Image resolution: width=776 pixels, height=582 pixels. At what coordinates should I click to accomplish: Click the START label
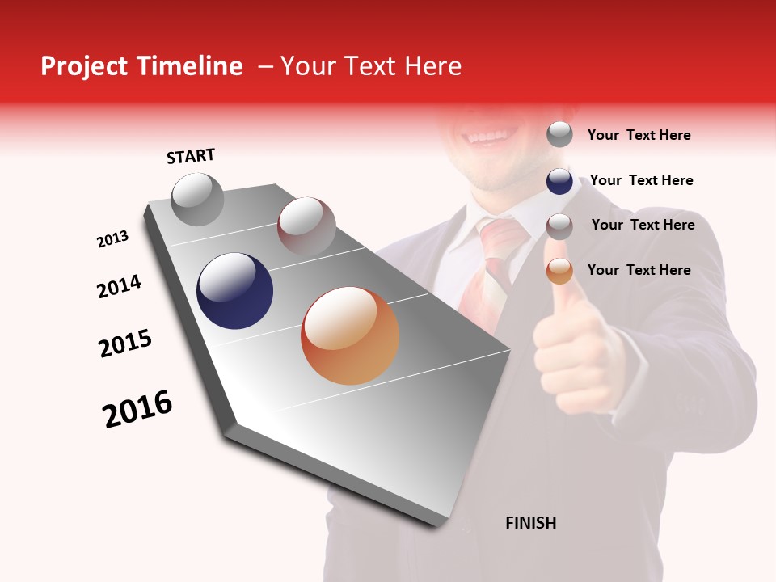tap(191, 156)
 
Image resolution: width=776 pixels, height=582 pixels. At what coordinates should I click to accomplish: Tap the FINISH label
tap(530, 523)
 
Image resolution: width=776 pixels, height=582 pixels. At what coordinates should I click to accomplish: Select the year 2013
tap(112, 239)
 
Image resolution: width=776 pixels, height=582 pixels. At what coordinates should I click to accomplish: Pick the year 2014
tap(119, 287)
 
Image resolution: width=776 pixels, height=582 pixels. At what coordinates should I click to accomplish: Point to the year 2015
tap(125, 344)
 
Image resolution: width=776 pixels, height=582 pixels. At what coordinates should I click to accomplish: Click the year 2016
tap(137, 409)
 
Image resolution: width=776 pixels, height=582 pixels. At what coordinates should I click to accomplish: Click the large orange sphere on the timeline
tap(350, 335)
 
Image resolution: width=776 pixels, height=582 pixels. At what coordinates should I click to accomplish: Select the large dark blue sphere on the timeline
tap(234, 291)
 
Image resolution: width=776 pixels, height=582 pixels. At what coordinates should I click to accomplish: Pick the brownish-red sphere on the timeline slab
tap(306, 227)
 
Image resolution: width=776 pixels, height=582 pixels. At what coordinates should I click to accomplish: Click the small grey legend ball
tap(559, 134)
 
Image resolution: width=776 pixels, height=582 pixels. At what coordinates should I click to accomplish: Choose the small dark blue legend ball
tap(559, 181)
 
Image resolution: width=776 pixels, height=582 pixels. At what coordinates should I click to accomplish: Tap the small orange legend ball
tap(559, 271)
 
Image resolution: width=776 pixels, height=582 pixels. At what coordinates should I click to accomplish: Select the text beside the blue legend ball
tap(641, 180)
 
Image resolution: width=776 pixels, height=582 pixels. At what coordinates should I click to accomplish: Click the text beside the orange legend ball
tap(639, 270)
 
